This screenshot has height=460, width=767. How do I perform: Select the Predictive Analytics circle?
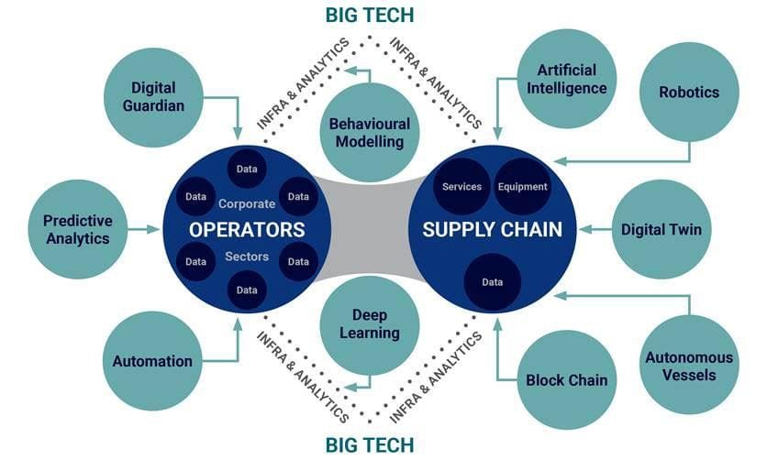pyautogui.click(x=77, y=230)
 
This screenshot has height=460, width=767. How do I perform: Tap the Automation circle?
pyautogui.click(x=153, y=361)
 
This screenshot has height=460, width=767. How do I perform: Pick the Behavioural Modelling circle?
pyautogui.click(x=370, y=133)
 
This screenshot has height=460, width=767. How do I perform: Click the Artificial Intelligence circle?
pyautogui.click(x=572, y=80)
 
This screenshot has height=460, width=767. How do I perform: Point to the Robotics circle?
pyautogui.click(x=688, y=92)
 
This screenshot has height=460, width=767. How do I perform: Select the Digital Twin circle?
pyautogui.click(x=661, y=229)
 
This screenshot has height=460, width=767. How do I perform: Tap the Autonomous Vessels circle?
pyautogui.click(x=689, y=365)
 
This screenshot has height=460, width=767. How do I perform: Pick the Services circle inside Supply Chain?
pyautogui.click(x=461, y=187)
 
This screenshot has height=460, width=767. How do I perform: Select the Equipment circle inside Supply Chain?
pyautogui.click(x=522, y=187)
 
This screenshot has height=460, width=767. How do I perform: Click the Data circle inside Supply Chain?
pyautogui.click(x=492, y=282)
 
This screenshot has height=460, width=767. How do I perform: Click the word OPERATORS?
pyautogui.click(x=246, y=228)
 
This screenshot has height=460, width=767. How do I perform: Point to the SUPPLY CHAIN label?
pyautogui.click(x=492, y=229)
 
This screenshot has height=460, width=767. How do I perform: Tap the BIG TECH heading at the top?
pyautogui.click(x=370, y=15)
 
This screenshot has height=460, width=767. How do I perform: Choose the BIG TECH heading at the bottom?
pyautogui.click(x=370, y=445)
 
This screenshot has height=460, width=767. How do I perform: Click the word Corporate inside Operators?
pyautogui.click(x=246, y=203)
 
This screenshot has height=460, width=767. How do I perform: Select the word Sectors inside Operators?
pyautogui.click(x=246, y=257)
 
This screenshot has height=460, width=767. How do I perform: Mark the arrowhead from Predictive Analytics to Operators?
pyautogui.click(x=155, y=229)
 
